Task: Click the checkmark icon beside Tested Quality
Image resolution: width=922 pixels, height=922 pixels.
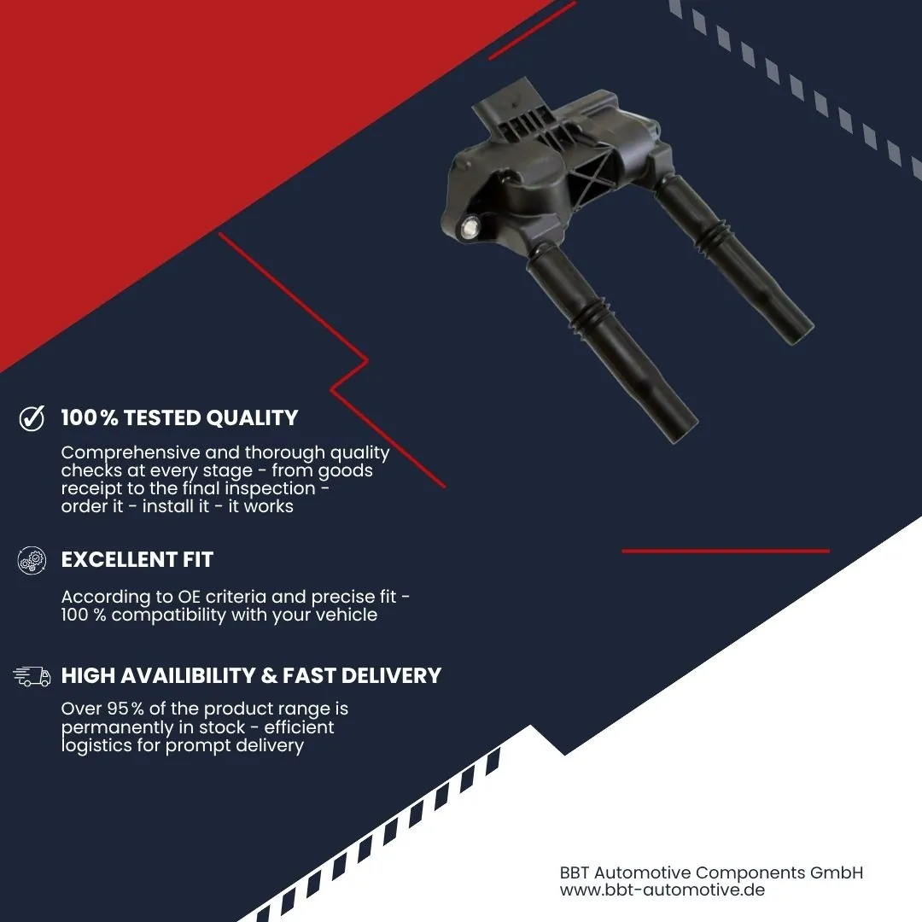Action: pyautogui.click(x=32, y=418)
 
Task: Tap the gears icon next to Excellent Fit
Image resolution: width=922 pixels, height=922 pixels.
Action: pyautogui.click(x=32, y=560)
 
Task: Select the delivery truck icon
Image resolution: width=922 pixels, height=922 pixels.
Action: pyautogui.click(x=32, y=676)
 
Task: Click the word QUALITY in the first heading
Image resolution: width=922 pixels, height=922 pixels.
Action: pyautogui.click(x=252, y=418)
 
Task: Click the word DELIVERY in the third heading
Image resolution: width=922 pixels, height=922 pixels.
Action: pyautogui.click(x=391, y=675)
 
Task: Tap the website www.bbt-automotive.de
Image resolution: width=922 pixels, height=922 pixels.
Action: pyautogui.click(x=662, y=890)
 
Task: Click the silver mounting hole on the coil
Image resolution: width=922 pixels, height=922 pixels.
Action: pyautogui.click(x=470, y=228)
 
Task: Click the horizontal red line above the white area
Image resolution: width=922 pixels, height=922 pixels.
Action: pyautogui.click(x=726, y=551)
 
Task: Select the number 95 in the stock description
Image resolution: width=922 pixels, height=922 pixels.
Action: pyautogui.click(x=118, y=709)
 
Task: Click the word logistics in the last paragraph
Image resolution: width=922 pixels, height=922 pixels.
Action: pyautogui.click(x=96, y=745)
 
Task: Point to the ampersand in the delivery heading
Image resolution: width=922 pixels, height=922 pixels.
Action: pyautogui.click(x=269, y=675)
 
